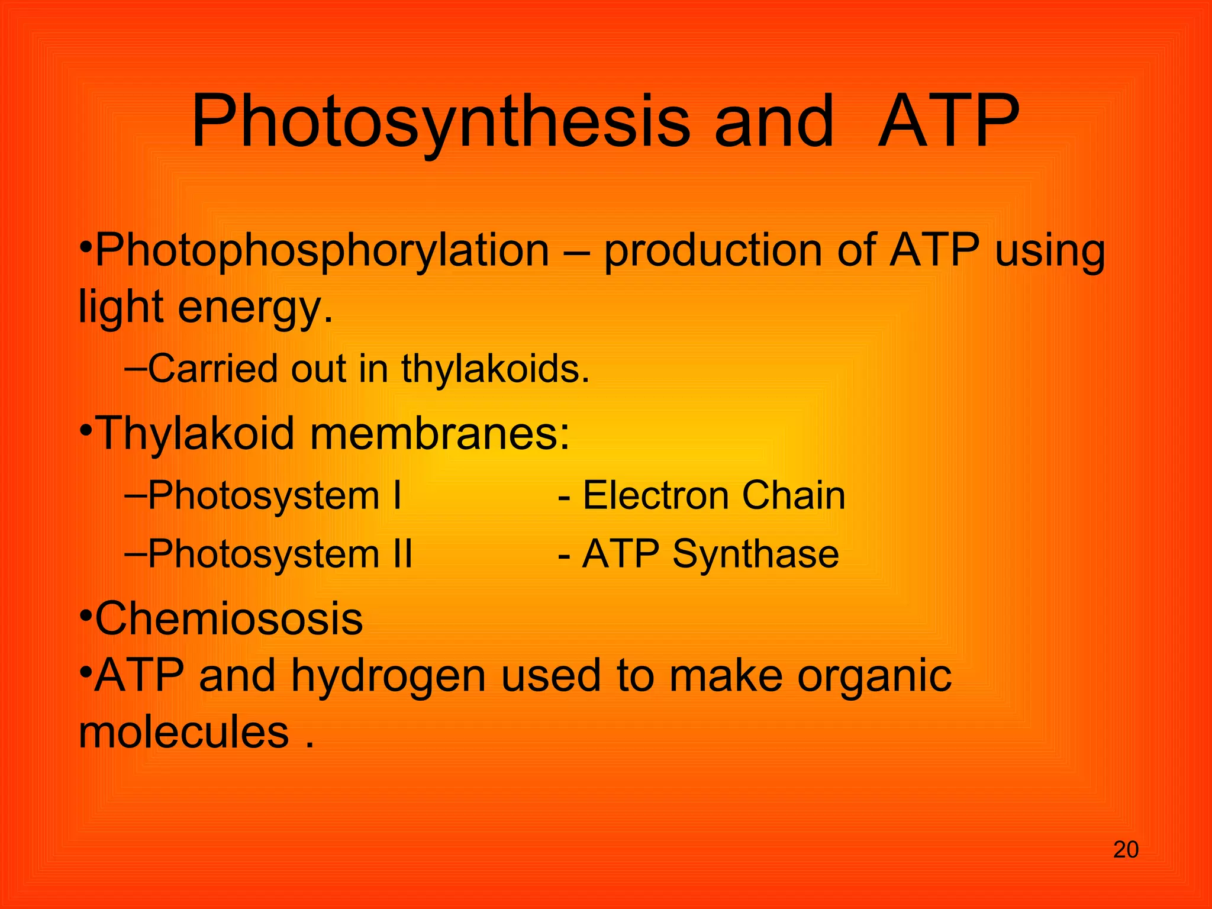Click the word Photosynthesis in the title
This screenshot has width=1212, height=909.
point(440,123)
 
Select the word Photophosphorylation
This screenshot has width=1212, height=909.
point(323,251)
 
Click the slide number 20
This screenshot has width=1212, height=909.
point(1126,850)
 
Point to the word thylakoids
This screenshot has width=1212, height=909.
point(495,369)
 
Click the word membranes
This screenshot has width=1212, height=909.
point(439,433)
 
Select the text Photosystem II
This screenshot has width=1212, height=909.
point(280,555)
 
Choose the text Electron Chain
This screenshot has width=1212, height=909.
point(714,495)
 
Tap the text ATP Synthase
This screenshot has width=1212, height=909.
point(710,555)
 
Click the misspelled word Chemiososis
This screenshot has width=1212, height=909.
point(228,618)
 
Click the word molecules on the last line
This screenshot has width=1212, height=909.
point(183,732)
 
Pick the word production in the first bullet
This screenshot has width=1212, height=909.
point(712,251)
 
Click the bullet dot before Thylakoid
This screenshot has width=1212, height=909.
point(85,430)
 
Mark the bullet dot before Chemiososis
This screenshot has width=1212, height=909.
point(85,615)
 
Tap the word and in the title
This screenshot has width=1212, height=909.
point(774,123)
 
